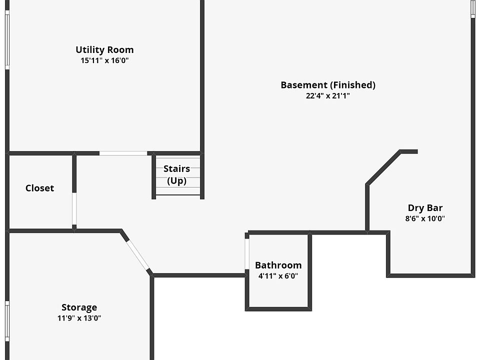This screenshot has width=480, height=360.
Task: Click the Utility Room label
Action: tap(104, 49)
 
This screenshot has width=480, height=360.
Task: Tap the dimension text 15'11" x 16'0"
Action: tap(104, 60)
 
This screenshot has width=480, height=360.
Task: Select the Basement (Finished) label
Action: tap(328, 85)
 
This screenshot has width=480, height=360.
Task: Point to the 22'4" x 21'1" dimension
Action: tap(328, 96)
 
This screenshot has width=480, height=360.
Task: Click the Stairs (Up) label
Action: tap(176, 174)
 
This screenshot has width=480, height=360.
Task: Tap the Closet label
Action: tap(40, 188)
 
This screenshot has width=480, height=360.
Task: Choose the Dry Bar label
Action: tap(425, 208)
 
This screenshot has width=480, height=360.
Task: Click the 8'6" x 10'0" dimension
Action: tap(425, 218)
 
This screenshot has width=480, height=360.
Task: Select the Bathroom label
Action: tap(278, 265)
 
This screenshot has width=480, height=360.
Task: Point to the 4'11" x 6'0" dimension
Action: tap(278, 276)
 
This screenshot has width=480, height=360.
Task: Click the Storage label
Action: tap(79, 307)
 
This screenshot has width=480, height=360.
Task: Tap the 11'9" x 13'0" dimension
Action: tap(79, 318)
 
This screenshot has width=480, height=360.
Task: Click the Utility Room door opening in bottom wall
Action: tap(123, 153)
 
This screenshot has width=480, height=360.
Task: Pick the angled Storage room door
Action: tap(138, 255)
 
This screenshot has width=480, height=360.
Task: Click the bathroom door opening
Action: tap(246, 254)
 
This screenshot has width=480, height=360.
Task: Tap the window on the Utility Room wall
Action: tap(7, 40)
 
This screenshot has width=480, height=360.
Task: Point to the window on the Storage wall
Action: tap(7, 321)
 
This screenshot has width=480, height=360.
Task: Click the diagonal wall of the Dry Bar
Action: tap(383, 168)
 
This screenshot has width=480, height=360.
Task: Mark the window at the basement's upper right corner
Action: tap(473, 8)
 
